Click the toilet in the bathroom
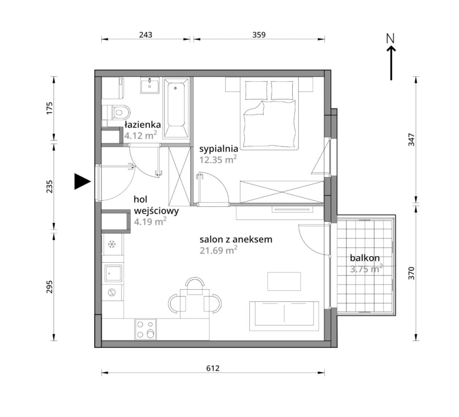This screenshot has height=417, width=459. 117,112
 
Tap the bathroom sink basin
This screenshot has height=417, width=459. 150,85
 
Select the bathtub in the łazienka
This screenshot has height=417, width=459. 175,108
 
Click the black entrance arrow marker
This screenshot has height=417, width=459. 82,181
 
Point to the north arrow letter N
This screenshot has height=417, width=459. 390,38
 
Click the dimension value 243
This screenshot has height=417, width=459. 145,35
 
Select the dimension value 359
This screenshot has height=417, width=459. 259,35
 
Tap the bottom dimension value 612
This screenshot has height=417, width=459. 213,368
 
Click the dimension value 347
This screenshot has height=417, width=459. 412,140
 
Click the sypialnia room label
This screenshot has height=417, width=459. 219,149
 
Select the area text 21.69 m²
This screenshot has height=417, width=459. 218,250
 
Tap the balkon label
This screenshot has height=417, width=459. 365,258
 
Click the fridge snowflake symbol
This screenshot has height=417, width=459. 111,244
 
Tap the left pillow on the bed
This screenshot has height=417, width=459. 257,90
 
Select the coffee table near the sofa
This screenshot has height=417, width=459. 284,281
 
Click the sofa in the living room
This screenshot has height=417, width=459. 284,316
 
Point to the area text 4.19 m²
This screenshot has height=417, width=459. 150,222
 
